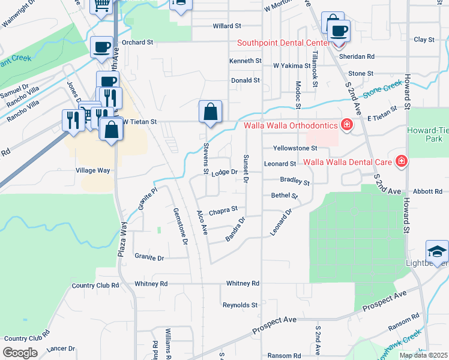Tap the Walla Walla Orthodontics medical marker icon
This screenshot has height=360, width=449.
click(x=346, y=125)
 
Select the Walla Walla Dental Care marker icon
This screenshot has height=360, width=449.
click(x=401, y=161)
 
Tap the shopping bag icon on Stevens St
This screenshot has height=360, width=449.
click(x=210, y=112)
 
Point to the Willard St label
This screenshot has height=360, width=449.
click(x=227, y=26)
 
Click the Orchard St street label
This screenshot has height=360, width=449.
click(x=138, y=43)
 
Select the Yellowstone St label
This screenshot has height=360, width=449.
click(x=294, y=148)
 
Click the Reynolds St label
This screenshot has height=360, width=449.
click(x=240, y=305)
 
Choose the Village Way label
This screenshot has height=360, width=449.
click(x=92, y=170)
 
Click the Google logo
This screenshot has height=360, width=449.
click(x=20, y=353)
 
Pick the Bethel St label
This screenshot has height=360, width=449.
click(x=285, y=196)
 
